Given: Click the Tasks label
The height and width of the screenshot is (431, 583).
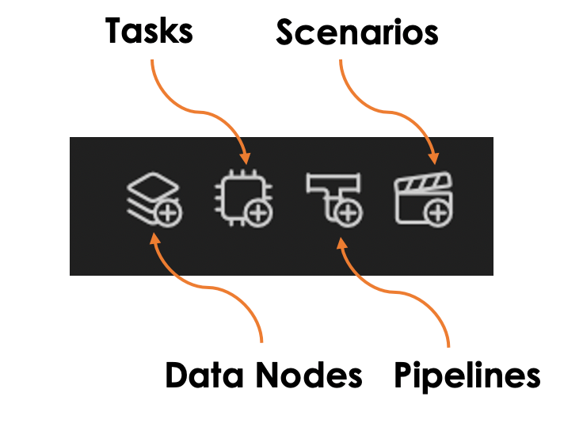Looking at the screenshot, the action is [x=149, y=31].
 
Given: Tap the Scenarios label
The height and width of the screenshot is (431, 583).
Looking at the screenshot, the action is [x=357, y=32].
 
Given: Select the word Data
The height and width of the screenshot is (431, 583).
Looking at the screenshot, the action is [x=204, y=375].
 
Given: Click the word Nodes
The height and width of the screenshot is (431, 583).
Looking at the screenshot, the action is [x=310, y=375].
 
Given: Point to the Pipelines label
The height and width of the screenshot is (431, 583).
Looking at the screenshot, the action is [x=467, y=376].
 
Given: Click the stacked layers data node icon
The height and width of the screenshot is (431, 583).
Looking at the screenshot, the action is [x=154, y=199].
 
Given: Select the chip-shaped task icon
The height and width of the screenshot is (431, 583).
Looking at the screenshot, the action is [x=243, y=198].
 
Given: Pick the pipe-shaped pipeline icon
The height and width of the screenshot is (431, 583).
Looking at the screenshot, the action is [x=334, y=200].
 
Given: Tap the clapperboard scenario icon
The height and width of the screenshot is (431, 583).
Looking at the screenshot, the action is [x=424, y=199].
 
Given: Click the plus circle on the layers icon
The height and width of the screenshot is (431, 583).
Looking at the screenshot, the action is [x=169, y=213].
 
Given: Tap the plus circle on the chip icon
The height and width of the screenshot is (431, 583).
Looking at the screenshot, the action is [x=259, y=213].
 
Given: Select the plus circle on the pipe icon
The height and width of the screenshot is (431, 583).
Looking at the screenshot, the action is [x=348, y=213].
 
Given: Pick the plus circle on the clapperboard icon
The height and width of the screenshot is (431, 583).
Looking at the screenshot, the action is [x=438, y=213].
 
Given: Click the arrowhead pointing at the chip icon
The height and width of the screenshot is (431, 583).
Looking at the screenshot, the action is [x=245, y=158].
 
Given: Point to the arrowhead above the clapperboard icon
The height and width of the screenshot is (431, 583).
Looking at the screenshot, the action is [x=433, y=158].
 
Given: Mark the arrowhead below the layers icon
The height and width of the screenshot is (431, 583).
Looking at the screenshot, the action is [x=154, y=238].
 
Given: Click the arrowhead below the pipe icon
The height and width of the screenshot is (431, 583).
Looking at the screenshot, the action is [x=341, y=243].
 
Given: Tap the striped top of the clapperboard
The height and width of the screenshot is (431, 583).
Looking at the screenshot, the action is [x=423, y=182].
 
